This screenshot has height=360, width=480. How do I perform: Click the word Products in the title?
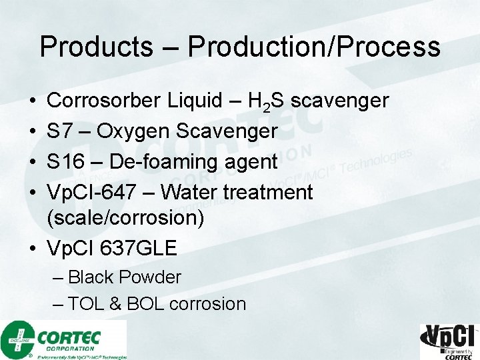tap(96, 47)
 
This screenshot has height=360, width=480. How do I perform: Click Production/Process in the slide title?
tap(314, 47)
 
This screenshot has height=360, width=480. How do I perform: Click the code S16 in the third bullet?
tap(65, 162)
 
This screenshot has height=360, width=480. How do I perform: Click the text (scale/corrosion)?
tap(125, 218)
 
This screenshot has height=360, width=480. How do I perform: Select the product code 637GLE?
tap(138, 249)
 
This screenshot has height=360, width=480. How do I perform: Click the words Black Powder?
tap(125, 277)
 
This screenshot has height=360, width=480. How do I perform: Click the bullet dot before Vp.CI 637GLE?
tap(33, 249)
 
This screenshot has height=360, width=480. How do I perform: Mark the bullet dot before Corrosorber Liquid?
tap(33, 101)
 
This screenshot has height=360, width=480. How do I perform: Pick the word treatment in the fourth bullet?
tap(267, 193)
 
